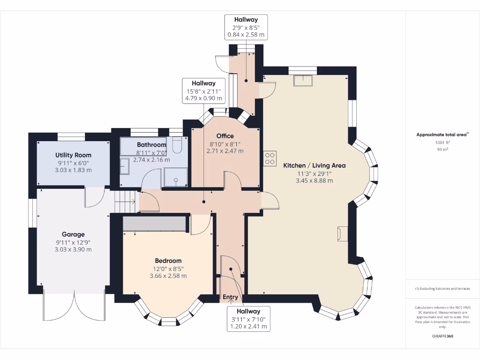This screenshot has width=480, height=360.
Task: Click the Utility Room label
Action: [x=73, y=155]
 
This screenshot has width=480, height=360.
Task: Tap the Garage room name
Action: [x=73, y=234]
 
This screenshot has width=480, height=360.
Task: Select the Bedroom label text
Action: [x=168, y=261]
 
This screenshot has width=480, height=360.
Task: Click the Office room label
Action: [x=225, y=136]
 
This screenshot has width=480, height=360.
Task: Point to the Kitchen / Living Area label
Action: [x=314, y=165]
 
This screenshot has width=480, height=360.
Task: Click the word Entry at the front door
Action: [x=230, y=297]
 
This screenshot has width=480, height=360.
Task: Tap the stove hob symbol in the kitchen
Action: [x=270, y=158]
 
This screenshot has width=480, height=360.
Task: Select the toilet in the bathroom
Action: [x=177, y=146]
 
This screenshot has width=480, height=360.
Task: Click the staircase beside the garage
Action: [x=125, y=202]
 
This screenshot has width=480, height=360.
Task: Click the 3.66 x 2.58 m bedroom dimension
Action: [x=168, y=276]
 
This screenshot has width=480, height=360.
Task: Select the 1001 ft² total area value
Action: [x=442, y=142]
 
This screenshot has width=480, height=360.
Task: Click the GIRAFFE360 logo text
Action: [x=442, y=336]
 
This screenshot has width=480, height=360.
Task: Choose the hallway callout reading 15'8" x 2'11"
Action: [x=203, y=90]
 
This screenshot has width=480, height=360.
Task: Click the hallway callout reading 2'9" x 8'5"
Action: [x=246, y=27]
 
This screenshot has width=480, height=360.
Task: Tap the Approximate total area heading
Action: [x=442, y=135]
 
